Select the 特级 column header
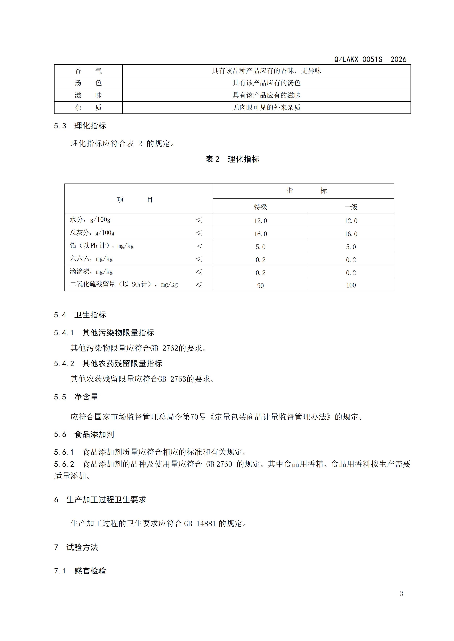click(260, 207)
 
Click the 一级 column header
click(351, 207)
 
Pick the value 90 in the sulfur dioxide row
click(260, 286)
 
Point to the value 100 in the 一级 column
click(351, 285)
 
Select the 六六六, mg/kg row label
click(91, 259)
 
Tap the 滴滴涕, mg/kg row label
click(91, 272)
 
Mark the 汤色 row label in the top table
click(88, 83)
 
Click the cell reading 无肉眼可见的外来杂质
click(266, 108)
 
